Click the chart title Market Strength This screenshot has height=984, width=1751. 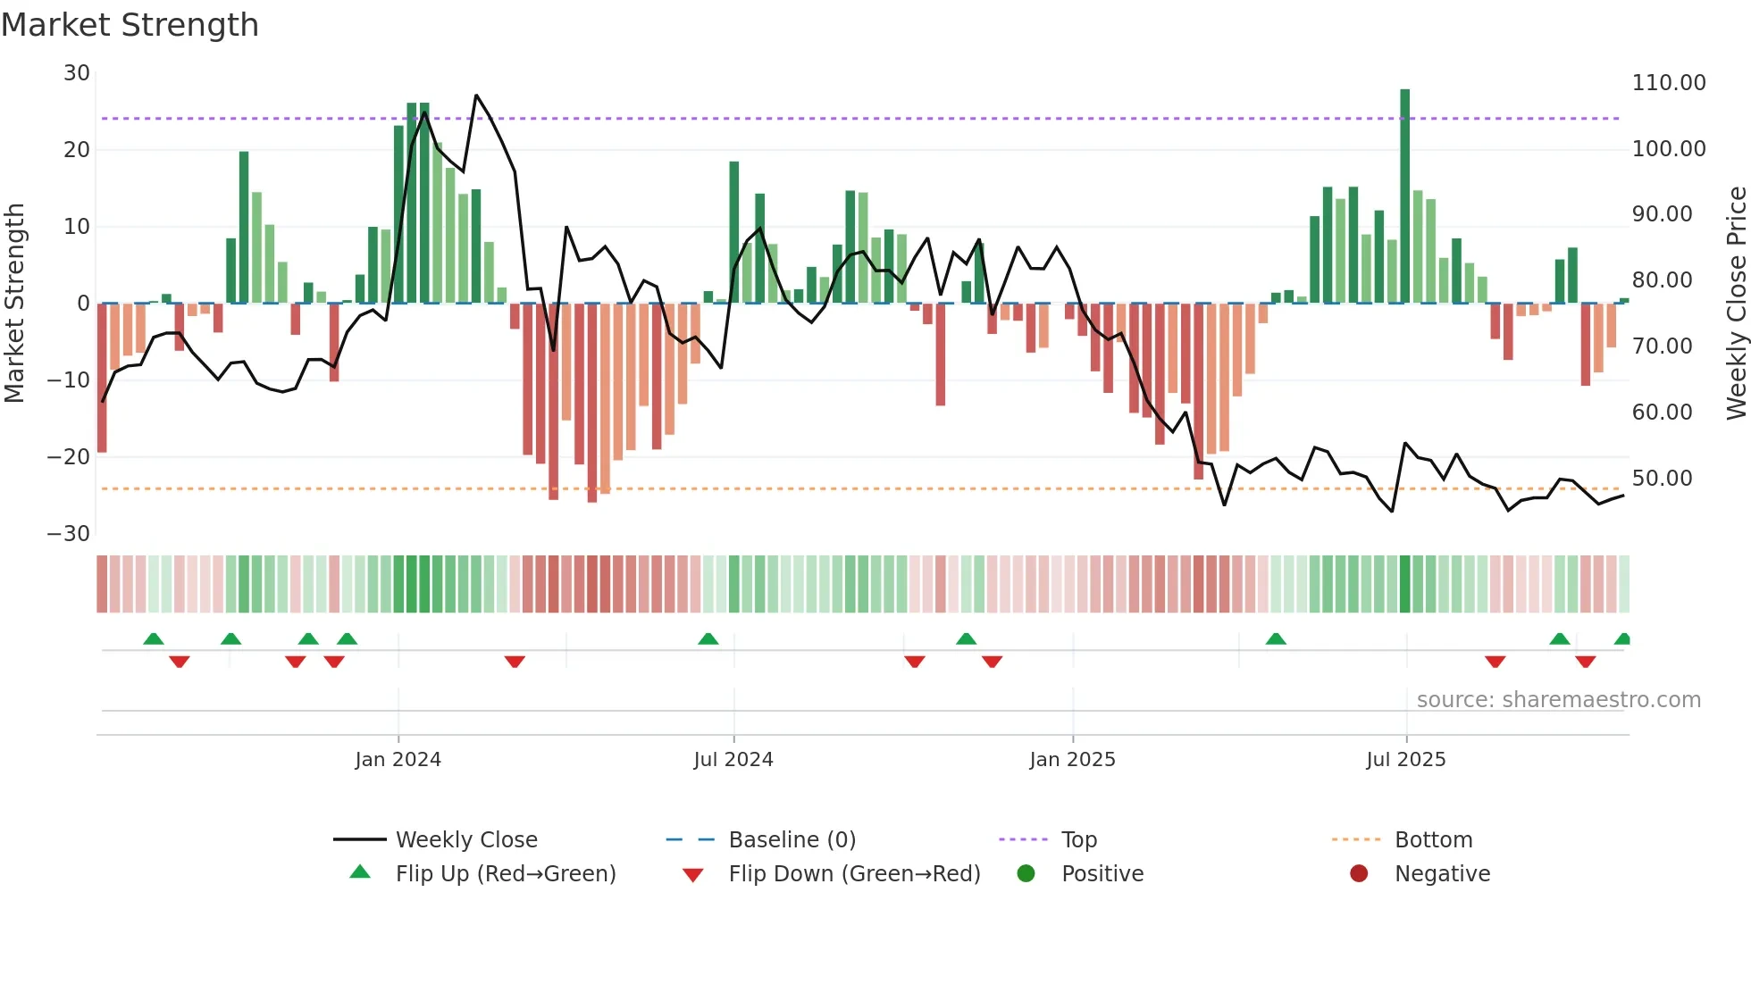point(130,25)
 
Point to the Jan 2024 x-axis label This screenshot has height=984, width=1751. point(398,760)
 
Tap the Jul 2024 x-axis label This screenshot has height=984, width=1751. point(733,760)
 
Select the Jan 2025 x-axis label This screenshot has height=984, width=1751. point(1072,760)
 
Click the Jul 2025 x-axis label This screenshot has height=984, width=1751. point(1405,760)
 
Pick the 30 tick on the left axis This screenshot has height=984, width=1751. point(77,73)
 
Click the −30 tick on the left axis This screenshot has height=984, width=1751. point(69,534)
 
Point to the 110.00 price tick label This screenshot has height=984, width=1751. point(1668,83)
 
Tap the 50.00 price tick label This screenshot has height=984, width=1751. point(1662,479)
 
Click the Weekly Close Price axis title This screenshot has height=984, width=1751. point(1736,304)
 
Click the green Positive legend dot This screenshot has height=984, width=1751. point(1026,874)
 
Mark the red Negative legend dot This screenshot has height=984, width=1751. point(1359,874)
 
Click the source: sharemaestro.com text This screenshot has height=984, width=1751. point(1558,700)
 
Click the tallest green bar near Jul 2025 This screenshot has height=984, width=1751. point(1405,196)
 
